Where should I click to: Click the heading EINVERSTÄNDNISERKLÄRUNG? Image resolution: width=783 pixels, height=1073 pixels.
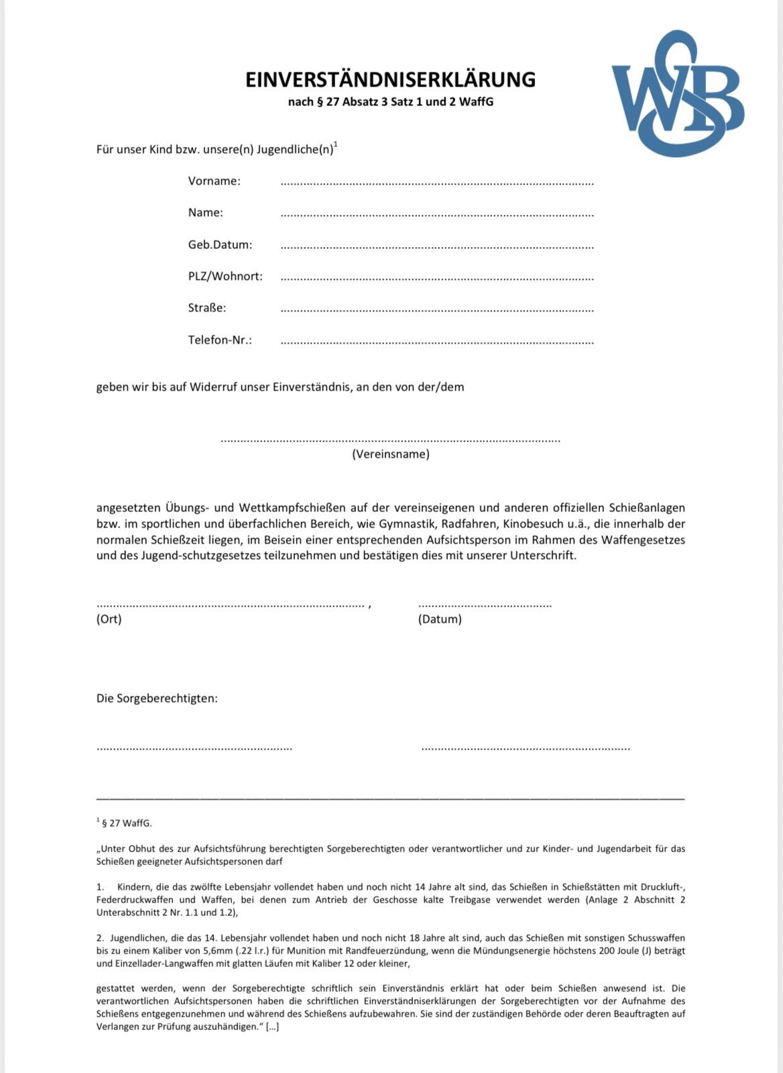(390, 79)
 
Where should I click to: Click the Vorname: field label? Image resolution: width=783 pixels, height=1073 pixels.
(214, 181)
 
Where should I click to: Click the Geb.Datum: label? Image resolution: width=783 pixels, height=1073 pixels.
(220, 244)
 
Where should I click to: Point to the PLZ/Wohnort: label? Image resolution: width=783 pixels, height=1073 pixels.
(225, 276)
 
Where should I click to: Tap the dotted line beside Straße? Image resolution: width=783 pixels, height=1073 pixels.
(436, 311)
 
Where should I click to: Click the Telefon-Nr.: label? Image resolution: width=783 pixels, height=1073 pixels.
(220, 340)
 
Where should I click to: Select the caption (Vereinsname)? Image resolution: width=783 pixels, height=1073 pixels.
(390, 454)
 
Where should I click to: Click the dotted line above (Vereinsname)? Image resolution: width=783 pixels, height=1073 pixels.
(390, 440)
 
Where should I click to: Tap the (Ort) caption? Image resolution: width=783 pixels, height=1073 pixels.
(109, 619)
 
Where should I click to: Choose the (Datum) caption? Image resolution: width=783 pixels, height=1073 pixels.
(440, 619)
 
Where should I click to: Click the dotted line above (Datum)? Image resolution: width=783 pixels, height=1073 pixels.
(484, 605)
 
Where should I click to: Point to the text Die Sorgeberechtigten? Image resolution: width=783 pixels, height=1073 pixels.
(157, 698)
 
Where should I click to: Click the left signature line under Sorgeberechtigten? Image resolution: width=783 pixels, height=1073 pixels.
(194, 748)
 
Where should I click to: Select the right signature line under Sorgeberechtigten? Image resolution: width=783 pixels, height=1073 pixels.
(526, 748)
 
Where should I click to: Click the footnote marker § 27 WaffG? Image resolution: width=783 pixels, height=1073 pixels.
(126, 823)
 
